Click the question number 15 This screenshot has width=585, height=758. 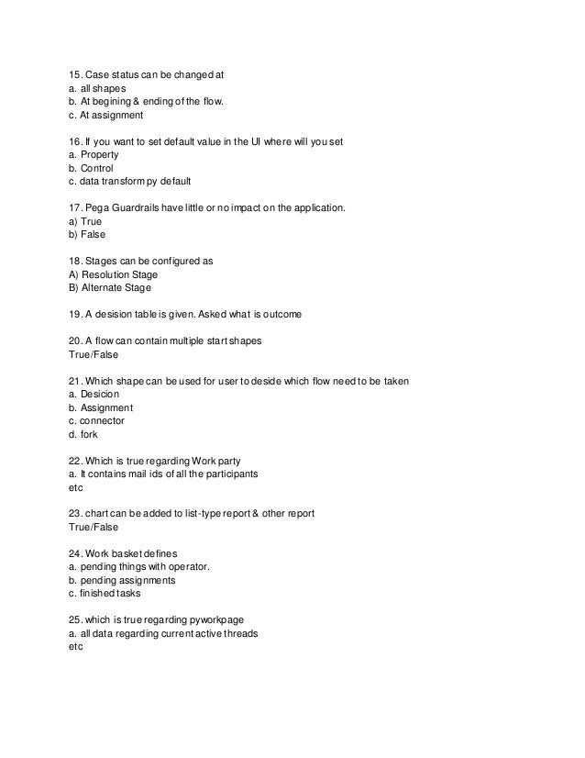tap(76, 74)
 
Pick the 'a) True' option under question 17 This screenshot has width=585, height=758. tap(89, 221)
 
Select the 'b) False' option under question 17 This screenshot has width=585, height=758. tap(91, 234)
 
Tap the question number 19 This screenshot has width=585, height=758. tap(76, 315)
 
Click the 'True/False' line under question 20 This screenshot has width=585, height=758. tap(95, 355)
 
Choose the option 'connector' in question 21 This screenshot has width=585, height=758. tap(102, 420)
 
